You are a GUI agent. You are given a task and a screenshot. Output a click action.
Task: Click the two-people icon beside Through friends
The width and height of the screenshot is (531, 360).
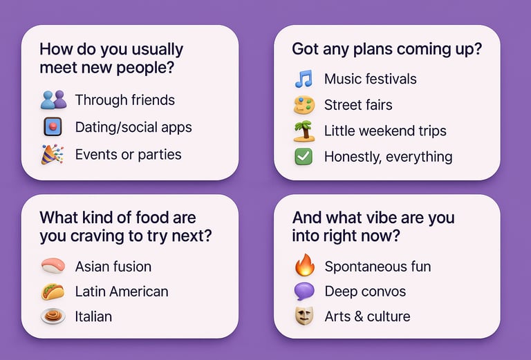53,100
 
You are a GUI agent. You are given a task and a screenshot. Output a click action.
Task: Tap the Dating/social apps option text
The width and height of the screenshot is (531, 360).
133,128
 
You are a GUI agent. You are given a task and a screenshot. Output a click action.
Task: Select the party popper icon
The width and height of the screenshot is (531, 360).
53,154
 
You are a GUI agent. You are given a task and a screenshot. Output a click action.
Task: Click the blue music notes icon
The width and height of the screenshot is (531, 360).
304,79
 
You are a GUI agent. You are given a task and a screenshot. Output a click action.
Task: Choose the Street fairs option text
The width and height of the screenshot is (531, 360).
358,105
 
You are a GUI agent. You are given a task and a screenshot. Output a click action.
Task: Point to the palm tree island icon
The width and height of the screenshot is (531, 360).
304,131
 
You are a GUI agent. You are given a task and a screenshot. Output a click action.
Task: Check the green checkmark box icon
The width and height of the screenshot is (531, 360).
304,157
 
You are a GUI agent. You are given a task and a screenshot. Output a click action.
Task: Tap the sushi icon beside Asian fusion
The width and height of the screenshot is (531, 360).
53,265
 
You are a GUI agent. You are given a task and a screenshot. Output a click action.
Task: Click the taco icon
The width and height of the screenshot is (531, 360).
53,292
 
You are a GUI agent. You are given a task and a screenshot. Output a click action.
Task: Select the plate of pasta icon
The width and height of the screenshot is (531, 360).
53,316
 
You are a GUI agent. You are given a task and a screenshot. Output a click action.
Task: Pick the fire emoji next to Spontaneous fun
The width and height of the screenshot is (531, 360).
304,265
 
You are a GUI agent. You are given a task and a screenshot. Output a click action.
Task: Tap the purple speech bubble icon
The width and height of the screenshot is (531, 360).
304,292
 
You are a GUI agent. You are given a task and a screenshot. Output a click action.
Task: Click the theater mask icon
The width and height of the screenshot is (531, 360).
304,316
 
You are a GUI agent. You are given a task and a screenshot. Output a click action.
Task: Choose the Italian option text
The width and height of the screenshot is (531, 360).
93,316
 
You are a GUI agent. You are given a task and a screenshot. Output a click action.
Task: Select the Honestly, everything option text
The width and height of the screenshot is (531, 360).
389,157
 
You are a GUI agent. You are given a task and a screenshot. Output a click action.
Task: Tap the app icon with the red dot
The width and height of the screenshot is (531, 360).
53,127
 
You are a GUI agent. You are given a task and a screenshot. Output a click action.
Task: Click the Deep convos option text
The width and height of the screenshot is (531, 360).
365,292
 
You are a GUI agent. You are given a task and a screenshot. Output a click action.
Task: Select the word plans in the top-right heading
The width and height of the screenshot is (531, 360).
373,49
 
